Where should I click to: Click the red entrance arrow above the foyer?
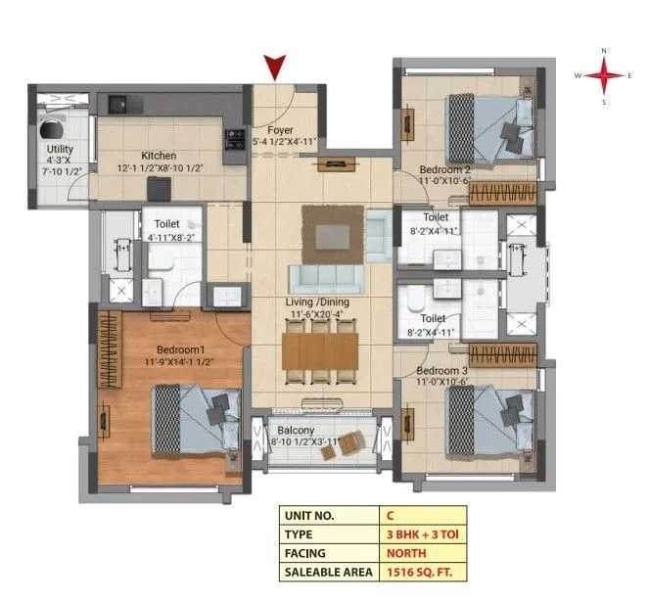[277, 68]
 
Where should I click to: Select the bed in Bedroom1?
[196, 413]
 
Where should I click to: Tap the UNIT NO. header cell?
[313, 513]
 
